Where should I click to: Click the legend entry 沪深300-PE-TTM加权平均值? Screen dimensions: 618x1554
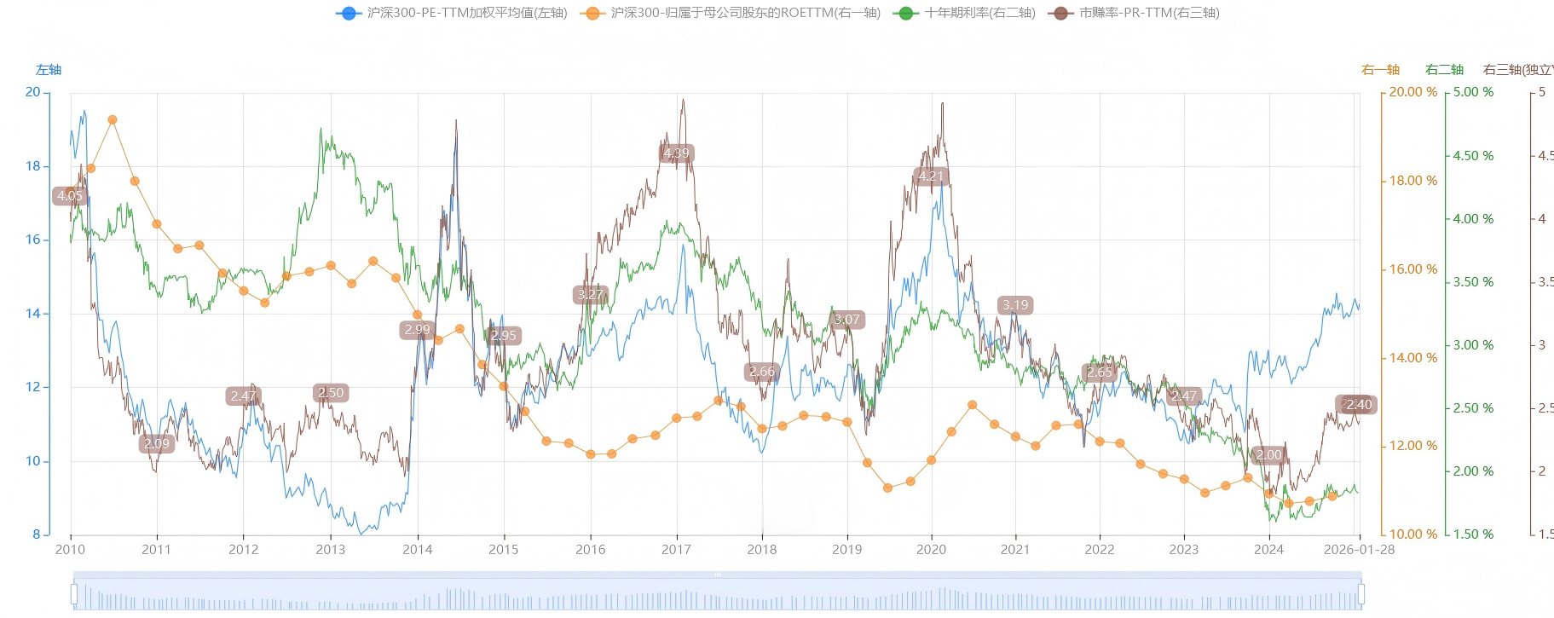click(452, 13)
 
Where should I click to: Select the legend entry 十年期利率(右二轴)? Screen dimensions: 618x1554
click(965, 13)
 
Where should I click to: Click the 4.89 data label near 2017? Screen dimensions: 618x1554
click(676, 153)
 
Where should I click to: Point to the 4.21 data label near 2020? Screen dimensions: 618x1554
click(931, 176)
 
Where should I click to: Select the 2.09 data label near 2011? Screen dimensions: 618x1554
click(157, 443)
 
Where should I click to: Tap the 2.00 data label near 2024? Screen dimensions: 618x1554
click(1268, 454)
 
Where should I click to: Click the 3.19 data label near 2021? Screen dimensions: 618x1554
click(1015, 305)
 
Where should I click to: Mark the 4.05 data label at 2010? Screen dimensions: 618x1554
click(70, 196)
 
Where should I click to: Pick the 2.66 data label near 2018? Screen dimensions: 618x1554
click(762, 372)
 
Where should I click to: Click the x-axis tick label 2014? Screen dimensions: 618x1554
click(417, 550)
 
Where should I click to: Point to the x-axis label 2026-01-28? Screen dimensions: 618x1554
click(1359, 550)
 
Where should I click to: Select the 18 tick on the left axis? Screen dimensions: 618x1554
click(33, 166)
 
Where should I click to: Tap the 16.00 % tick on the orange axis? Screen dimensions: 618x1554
click(1412, 269)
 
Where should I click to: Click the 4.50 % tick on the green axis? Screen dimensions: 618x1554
click(1473, 156)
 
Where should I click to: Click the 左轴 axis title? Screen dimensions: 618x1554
click(49, 70)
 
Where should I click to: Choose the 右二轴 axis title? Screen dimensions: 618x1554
click(1444, 70)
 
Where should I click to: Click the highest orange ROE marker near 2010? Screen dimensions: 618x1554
click(113, 120)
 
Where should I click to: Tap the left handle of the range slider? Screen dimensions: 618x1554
click(74, 593)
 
